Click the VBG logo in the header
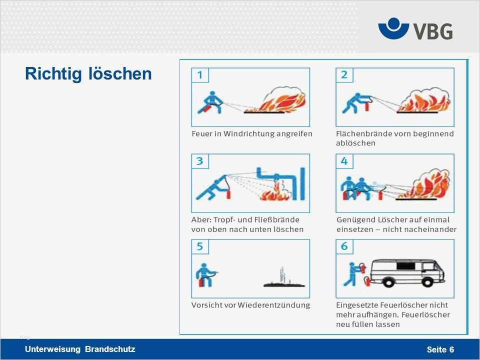point(415,29)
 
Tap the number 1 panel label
point(200,75)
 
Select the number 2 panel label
point(344,75)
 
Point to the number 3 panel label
point(200,161)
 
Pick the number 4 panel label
point(344,161)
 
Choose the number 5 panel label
point(200,247)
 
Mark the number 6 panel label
point(344,247)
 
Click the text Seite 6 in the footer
point(440,349)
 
